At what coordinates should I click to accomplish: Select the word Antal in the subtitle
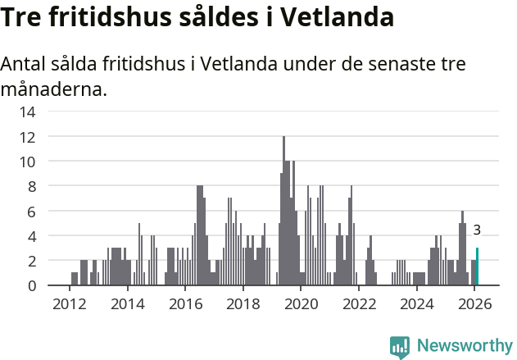point(25,65)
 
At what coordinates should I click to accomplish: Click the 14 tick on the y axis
point(27,112)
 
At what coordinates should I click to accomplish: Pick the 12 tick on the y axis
point(27,137)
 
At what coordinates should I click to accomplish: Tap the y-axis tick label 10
point(27,162)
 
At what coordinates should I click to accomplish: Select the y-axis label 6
point(31,211)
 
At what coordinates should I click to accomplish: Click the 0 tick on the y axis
point(31,285)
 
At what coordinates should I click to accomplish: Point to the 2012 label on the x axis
point(69,304)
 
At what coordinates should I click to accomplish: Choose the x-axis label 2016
point(184,304)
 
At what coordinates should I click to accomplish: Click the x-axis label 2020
point(301,304)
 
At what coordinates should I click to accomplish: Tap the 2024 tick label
point(416,304)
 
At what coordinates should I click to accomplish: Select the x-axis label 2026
point(474,304)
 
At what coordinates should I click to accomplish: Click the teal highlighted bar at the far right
point(478,267)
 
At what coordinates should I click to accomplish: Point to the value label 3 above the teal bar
point(477,231)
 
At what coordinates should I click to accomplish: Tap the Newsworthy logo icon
point(400,346)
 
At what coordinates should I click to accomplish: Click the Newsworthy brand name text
point(465,346)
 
